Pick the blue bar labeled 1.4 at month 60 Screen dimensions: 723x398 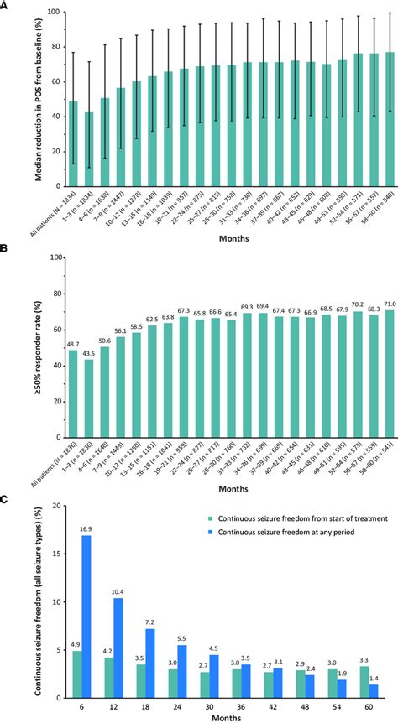point(374,691)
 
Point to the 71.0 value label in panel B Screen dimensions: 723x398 point(390,304)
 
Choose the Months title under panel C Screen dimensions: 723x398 point(223,718)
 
